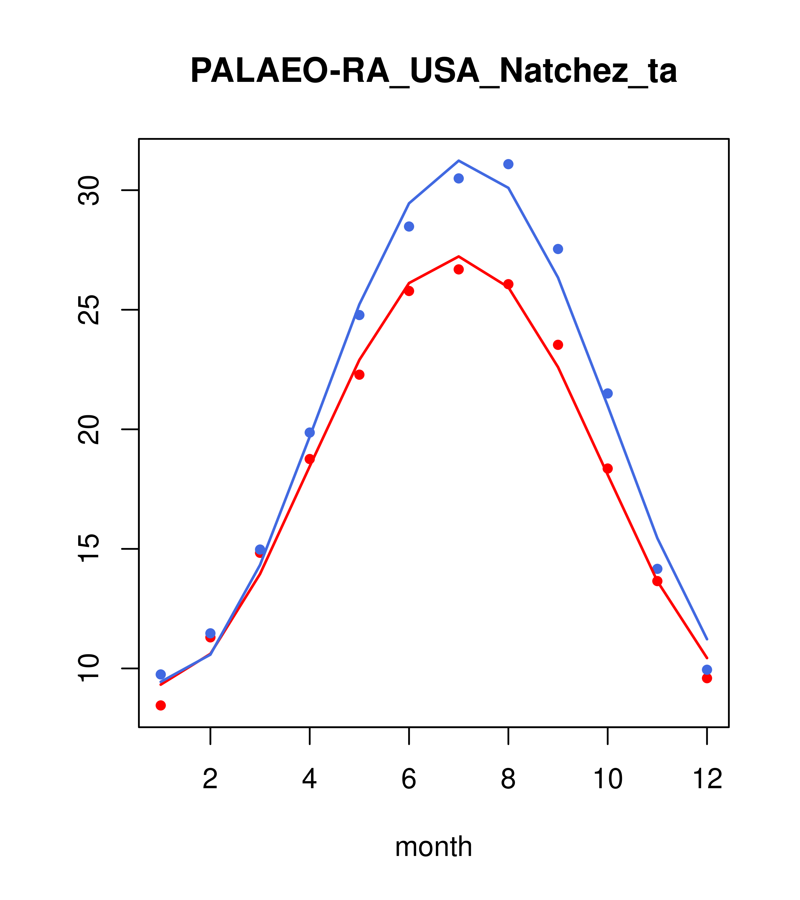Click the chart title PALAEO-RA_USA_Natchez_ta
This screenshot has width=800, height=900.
click(433, 71)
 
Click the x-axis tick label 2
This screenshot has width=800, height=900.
click(211, 779)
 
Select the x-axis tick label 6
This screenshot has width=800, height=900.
click(409, 779)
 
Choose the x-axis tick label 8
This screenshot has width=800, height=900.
click(508, 779)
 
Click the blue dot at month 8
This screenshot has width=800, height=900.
click(508, 164)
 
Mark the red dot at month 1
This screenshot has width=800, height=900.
click(161, 705)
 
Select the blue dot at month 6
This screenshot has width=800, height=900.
click(409, 227)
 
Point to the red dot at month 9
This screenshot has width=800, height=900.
click(558, 345)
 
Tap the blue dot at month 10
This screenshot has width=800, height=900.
click(607, 394)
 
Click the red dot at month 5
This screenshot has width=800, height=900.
click(359, 375)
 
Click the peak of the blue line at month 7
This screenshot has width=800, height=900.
click(459, 161)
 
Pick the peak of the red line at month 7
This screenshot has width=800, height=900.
click(459, 256)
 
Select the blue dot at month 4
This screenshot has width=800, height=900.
click(310, 433)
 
